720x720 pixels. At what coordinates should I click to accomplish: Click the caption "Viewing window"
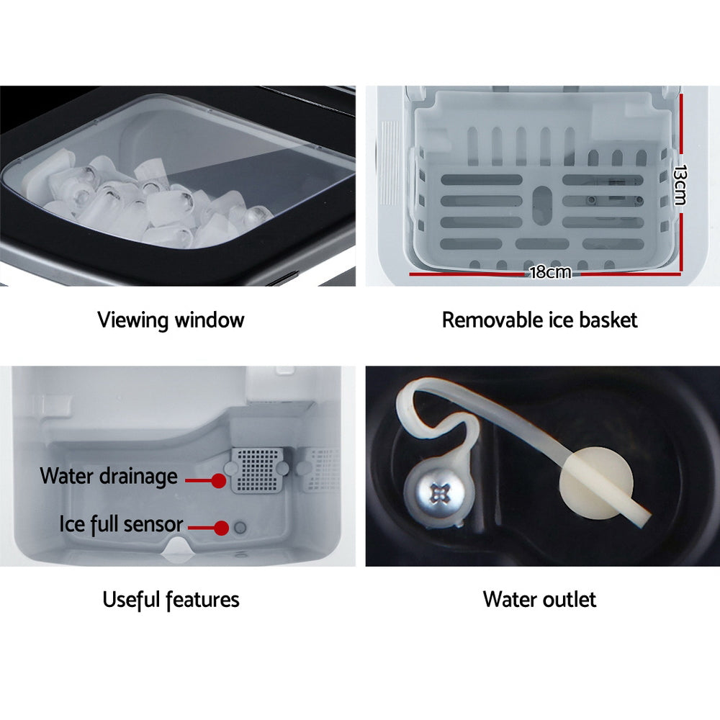click(171, 320)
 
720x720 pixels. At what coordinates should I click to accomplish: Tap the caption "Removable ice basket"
click(539, 320)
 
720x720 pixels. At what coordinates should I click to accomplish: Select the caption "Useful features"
click(171, 598)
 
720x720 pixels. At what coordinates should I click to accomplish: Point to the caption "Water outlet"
click(539, 598)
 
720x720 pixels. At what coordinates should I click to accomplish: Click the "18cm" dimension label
click(549, 272)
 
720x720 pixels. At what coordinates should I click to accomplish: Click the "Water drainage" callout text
click(108, 476)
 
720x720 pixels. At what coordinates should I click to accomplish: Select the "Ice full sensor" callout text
click(121, 523)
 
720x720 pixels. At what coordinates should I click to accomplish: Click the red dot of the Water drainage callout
click(217, 478)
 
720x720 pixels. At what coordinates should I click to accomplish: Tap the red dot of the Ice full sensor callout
click(222, 528)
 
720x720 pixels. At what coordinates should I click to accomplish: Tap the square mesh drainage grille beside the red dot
click(256, 472)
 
